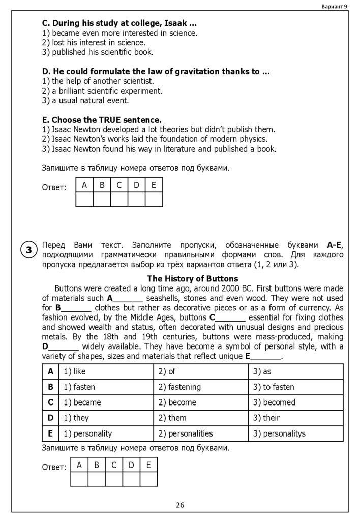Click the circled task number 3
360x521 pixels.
coord(29,250)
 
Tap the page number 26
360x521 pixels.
coord(180,505)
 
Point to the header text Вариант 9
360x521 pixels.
coord(335,6)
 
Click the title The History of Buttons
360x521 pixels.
coord(192,279)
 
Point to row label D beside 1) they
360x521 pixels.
coord(50,418)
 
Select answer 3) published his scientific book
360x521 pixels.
coord(98,52)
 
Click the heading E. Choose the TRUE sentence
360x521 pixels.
coord(102,120)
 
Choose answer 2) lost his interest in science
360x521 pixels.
coord(94,42)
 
